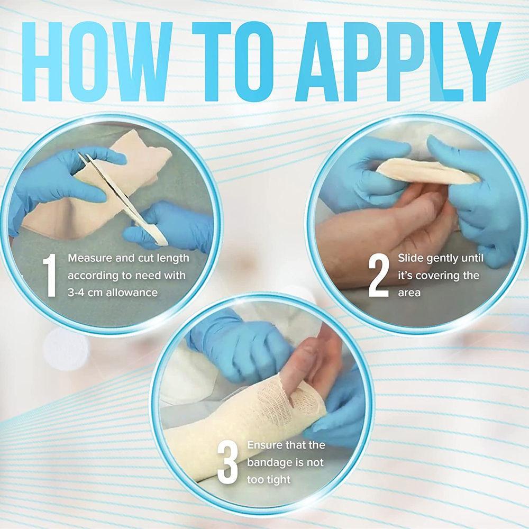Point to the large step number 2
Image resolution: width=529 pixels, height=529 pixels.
(379, 275)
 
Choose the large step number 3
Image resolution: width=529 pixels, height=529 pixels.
(228, 463)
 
